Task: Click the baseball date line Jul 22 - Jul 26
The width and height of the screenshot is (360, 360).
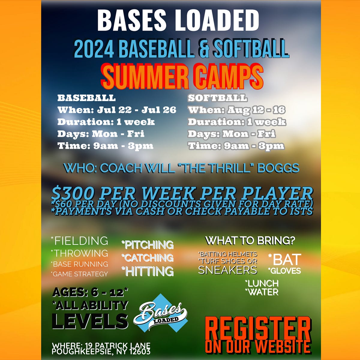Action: (136, 110)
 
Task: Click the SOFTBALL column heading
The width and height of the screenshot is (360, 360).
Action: (217, 98)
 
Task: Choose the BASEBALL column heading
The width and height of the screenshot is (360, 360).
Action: (86, 98)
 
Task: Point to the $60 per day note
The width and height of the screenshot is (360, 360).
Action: (64, 204)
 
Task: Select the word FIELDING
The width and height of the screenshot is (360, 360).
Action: (81, 241)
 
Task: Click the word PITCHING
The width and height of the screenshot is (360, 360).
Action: (149, 245)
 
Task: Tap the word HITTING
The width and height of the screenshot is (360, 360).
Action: (149, 271)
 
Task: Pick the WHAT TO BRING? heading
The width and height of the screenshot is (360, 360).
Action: (250, 241)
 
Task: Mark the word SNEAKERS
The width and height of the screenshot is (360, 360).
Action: (227, 270)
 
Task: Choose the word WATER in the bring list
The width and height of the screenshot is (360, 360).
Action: (263, 292)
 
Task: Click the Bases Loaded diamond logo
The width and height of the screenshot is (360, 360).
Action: (160, 313)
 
